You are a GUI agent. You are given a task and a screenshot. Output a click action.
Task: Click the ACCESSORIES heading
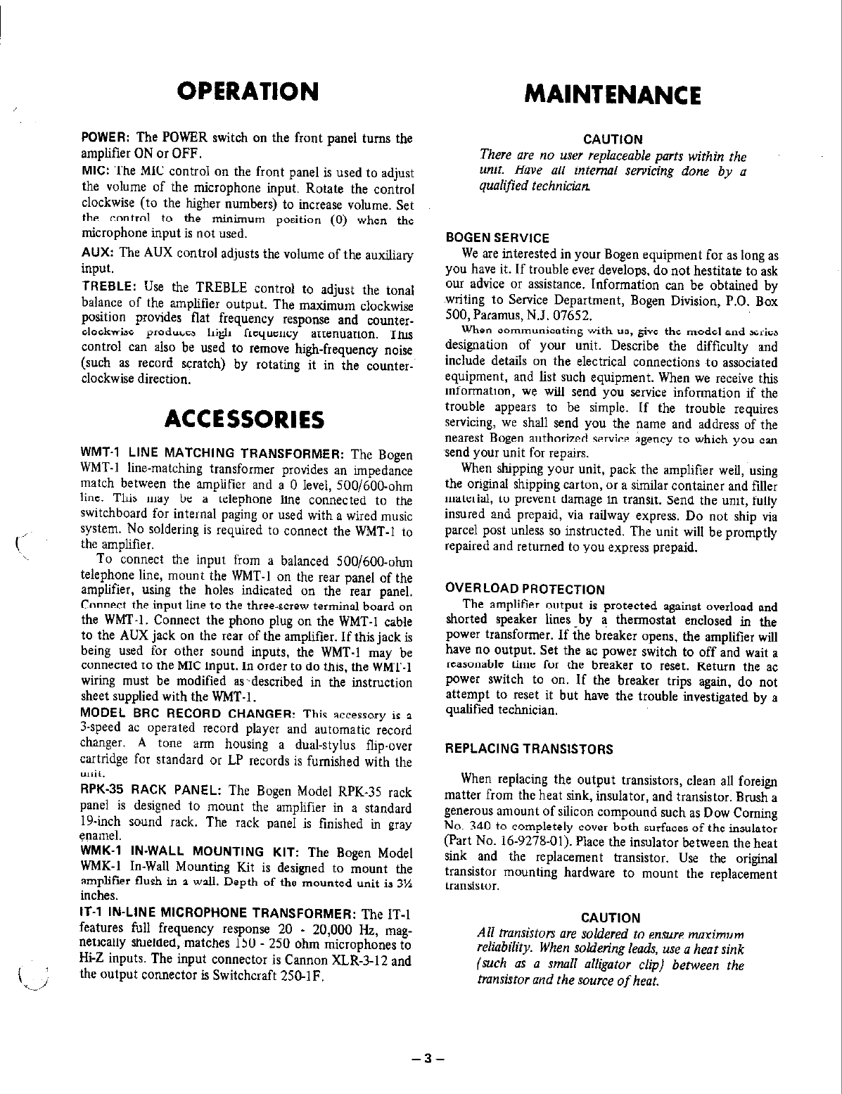click(243, 420)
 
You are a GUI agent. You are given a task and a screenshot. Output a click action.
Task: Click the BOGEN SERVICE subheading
click(498, 238)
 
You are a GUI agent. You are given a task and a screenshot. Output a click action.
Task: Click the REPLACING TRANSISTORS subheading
click(529, 749)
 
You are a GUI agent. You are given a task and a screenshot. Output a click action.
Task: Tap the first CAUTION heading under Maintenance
click(613, 139)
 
